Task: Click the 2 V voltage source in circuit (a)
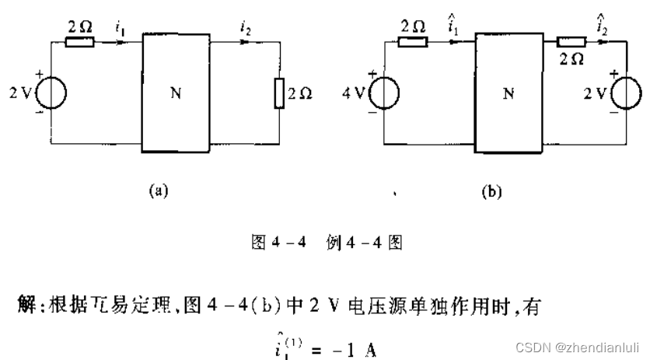pos(51,94)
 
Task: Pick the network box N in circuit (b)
pos(508,93)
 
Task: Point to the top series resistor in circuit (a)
pos(80,40)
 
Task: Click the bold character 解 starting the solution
pos(25,297)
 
